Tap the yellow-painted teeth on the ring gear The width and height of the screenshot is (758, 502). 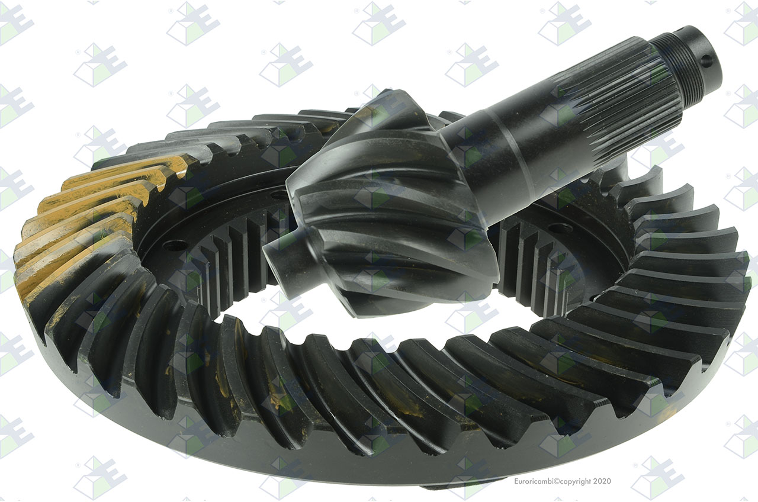[91, 217]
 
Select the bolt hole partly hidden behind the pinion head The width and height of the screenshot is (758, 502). [280, 194]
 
